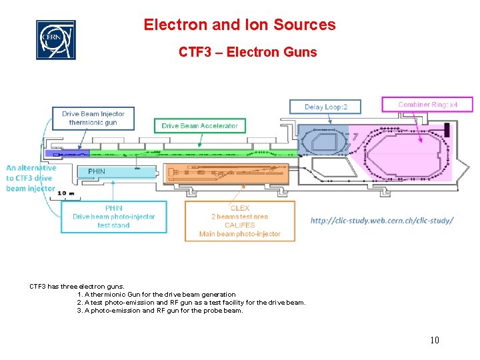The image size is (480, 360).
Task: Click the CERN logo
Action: [x=55, y=39]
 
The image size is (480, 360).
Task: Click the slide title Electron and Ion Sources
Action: [x=239, y=25]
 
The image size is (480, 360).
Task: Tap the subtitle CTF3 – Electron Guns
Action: [x=247, y=51]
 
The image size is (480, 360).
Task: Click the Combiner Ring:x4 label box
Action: [x=427, y=105]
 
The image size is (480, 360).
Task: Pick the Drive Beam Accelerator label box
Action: [x=199, y=125]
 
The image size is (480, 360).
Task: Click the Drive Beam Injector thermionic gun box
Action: [x=93, y=118]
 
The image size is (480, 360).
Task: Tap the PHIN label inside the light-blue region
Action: [x=97, y=171]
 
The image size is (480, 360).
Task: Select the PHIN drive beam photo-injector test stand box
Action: [x=113, y=217]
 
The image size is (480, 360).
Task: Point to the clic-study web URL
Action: [x=382, y=221]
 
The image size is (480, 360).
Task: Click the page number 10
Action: [x=434, y=341]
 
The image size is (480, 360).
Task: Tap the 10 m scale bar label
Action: [x=65, y=193]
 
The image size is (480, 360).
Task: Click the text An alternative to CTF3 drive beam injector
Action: [x=31, y=178]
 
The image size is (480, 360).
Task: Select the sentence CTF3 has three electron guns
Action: [x=77, y=286]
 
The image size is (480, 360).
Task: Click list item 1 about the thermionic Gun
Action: [x=157, y=294]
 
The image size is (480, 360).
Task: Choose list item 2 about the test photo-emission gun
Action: [x=191, y=302]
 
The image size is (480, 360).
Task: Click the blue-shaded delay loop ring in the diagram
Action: [x=324, y=142]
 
